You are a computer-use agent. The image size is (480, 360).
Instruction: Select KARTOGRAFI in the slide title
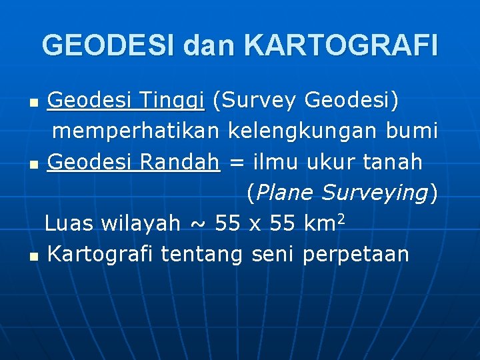click(x=341, y=45)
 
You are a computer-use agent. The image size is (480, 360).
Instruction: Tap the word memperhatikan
click(x=137, y=131)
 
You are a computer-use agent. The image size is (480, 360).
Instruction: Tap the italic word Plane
click(x=285, y=193)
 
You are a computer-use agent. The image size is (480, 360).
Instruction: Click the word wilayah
click(x=141, y=223)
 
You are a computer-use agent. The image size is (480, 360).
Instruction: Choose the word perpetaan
click(x=355, y=254)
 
